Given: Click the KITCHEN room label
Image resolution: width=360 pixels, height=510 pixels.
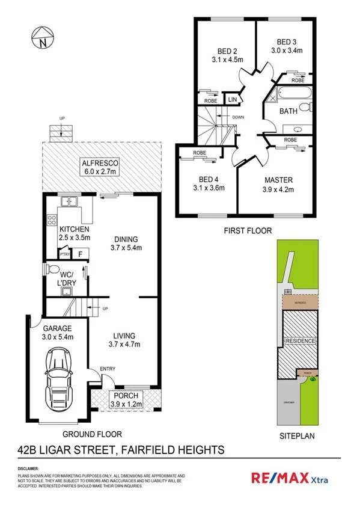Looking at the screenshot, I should pyautogui.click(x=75, y=229).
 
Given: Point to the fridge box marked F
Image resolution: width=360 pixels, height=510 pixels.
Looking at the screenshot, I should pyautogui.click(x=80, y=254).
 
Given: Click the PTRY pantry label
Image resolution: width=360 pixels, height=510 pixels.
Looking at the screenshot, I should pyautogui.click(x=64, y=255).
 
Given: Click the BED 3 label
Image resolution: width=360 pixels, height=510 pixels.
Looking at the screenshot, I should pyautogui.click(x=287, y=41).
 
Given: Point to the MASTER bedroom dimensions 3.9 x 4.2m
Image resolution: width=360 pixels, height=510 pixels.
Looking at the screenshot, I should pyautogui.click(x=278, y=189).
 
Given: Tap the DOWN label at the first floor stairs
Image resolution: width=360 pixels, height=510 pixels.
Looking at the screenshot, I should pyautogui.click(x=238, y=117).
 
